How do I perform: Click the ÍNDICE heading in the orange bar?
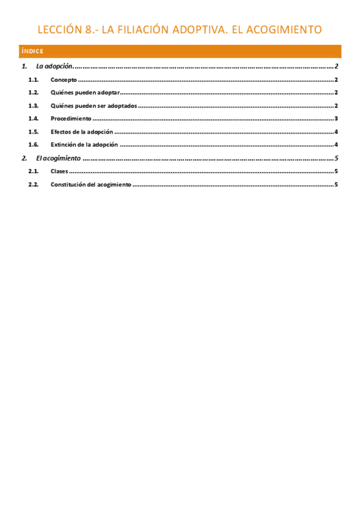(31, 52)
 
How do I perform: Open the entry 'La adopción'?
(54, 66)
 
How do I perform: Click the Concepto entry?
(64, 79)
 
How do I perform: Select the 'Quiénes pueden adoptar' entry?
(85, 93)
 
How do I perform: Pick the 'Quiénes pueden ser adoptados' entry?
(94, 106)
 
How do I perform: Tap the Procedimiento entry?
(71, 119)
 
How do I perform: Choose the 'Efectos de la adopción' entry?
(82, 132)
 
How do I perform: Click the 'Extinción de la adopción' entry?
(84, 145)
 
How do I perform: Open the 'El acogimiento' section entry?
(58, 158)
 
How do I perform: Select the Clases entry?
(59, 171)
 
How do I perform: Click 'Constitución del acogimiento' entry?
(91, 185)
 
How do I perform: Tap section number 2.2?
(34, 185)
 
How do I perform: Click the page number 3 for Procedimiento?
(337, 119)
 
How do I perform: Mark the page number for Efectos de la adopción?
(337, 132)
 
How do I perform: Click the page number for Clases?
(337, 171)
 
